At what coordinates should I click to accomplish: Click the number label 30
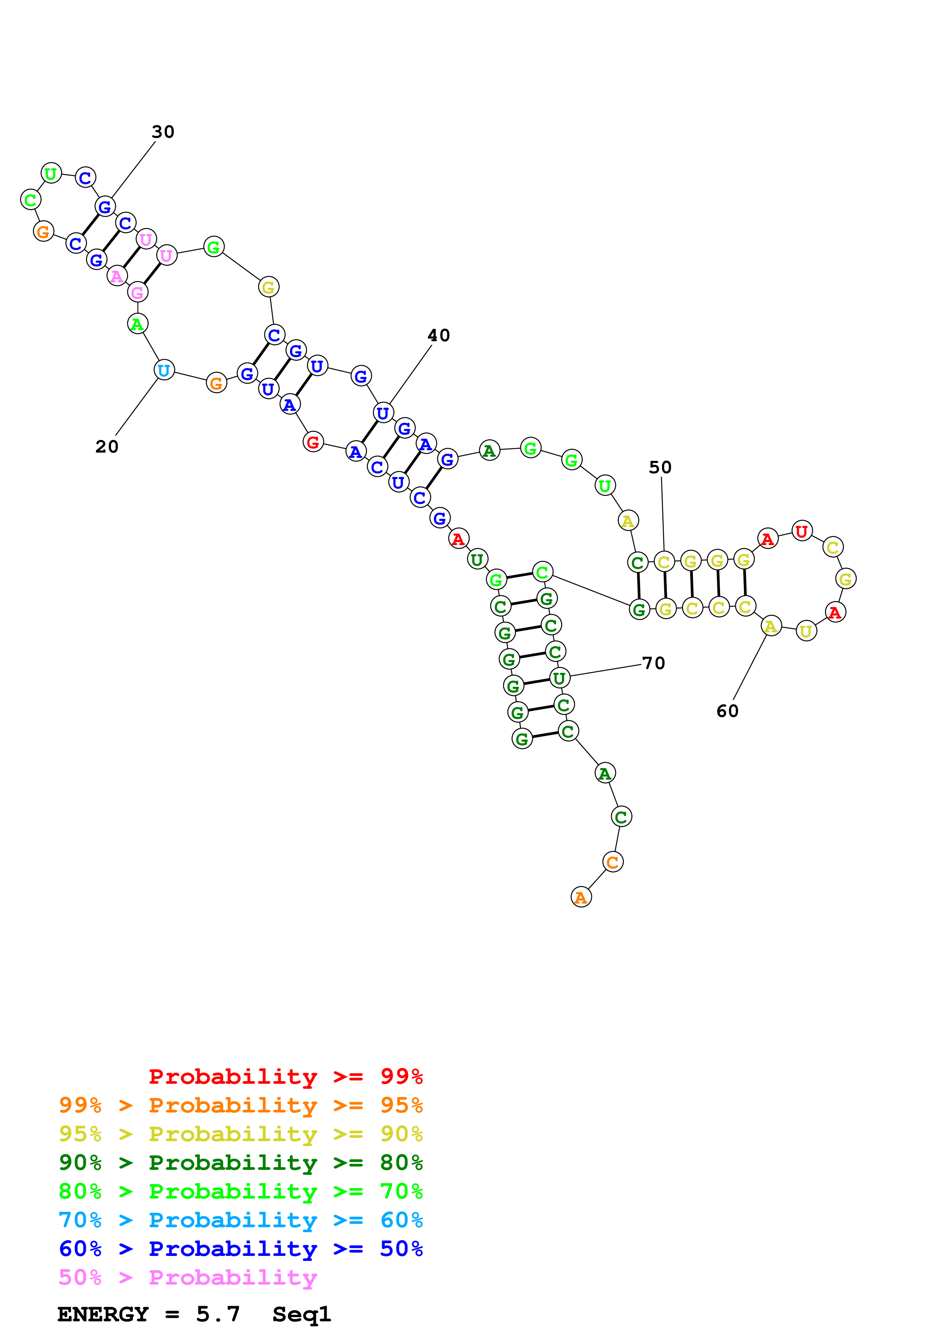point(163,132)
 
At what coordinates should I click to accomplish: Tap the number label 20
point(107,446)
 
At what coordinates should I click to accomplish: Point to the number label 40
point(439,335)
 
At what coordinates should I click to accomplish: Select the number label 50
point(660,467)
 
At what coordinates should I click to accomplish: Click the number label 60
point(727,711)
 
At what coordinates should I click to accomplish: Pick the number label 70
point(653,663)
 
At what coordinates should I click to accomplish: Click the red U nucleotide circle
point(802,531)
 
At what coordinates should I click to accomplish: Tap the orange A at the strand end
point(581,897)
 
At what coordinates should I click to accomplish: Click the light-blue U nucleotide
point(164,370)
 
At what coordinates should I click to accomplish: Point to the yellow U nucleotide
point(806,631)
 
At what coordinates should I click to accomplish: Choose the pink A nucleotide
point(117,276)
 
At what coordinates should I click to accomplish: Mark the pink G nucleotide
point(137,292)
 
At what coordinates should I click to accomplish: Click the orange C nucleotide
point(612,862)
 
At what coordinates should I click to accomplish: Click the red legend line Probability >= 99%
point(285,1077)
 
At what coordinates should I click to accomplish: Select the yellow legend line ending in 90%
point(240,1134)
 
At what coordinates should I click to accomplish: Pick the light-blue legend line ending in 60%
point(240,1220)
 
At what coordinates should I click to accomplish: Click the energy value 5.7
point(217,1314)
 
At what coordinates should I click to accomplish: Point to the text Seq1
point(302,1314)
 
